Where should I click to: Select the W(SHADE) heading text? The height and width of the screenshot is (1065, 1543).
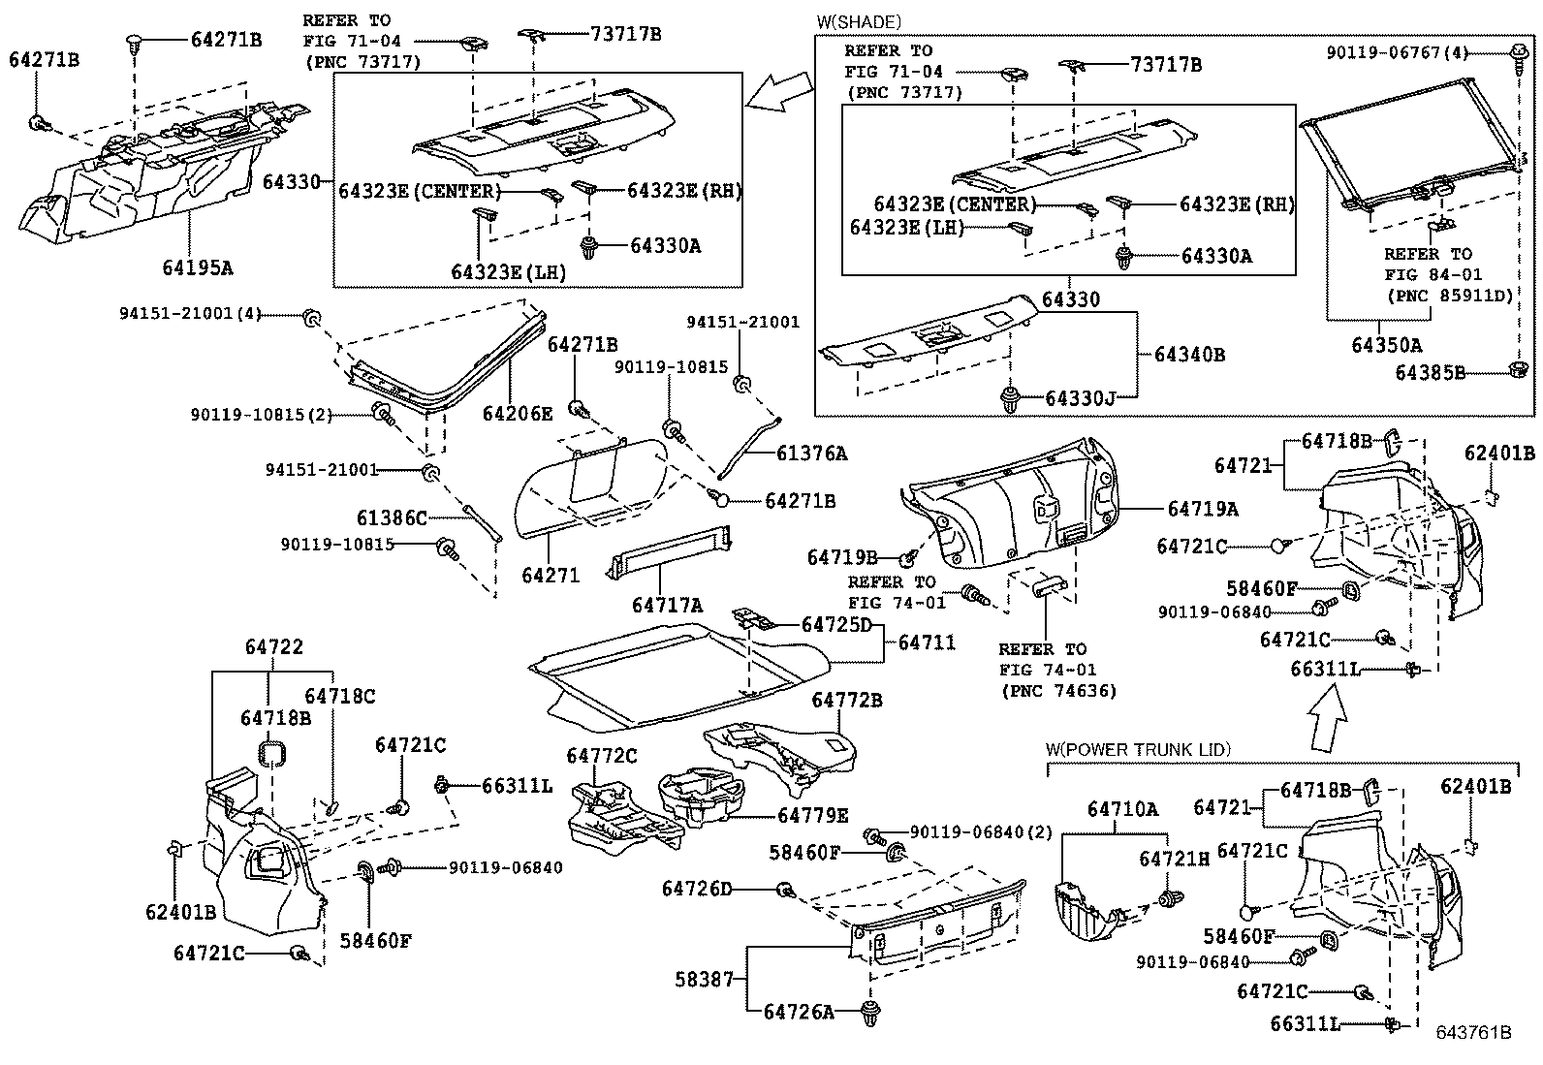[x=860, y=21]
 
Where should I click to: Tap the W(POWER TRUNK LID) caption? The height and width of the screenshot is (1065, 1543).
[x=1138, y=749]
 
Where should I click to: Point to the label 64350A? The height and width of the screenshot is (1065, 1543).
[x=1387, y=345]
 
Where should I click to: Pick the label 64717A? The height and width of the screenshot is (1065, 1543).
[x=667, y=605]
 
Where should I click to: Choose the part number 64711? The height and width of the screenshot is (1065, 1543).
[x=927, y=642]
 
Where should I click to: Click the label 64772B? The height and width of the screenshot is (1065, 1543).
[x=847, y=700]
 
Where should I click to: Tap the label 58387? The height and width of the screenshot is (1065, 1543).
[x=705, y=980]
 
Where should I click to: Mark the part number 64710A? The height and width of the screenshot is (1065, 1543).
[x=1122, y=809]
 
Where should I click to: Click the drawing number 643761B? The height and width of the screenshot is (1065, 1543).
[x=1473, y=1033]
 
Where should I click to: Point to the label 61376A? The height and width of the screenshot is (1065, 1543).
[x=811, y=453]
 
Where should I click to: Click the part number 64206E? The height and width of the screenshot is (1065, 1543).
[x=518, y=414]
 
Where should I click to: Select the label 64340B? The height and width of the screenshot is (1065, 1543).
[x=1189, y=355]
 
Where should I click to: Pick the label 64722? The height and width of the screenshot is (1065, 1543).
[x=273, y=647]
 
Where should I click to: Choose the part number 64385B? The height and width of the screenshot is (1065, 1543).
[x=1430, y=371]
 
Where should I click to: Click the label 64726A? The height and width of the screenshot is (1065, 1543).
[x=799, y=1012]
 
